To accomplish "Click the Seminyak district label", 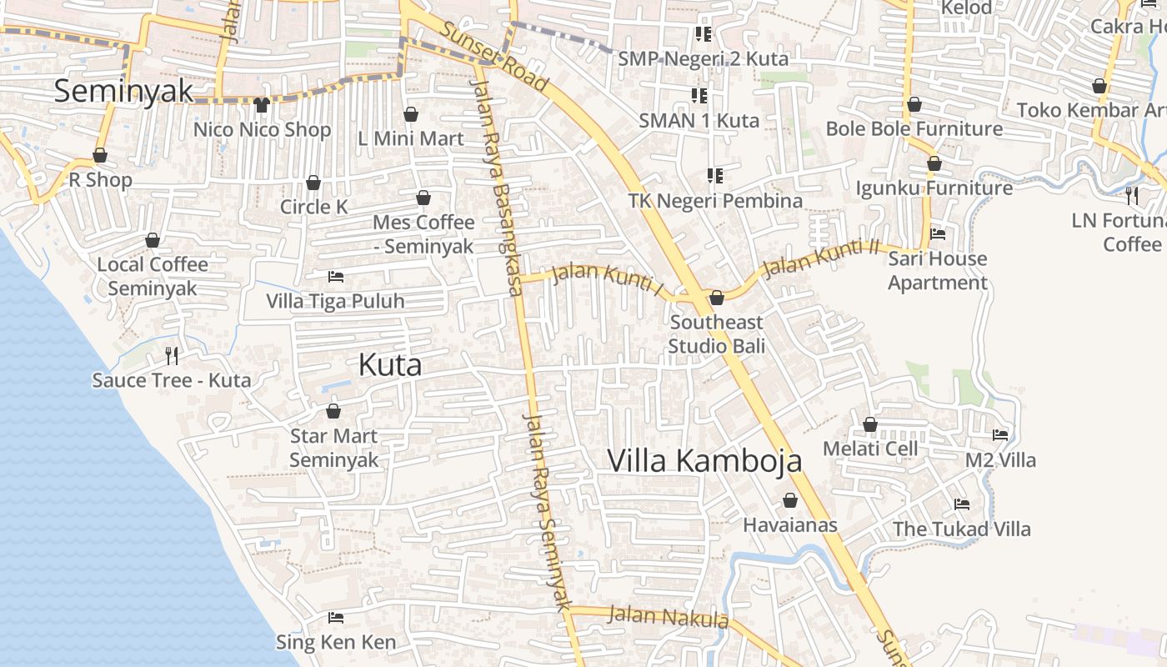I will pos(123,91).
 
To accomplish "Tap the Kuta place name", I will pos(389,364).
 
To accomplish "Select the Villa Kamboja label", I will pos(704,460).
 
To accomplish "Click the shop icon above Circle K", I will pos(313,183).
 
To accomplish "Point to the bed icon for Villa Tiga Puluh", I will pos(335,276).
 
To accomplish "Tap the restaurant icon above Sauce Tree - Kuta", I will pos(172,356).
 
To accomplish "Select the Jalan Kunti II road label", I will pos(821,257).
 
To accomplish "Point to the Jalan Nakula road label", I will pos(668,618).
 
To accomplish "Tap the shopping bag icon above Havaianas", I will pos(789,501).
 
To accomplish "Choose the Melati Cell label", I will pos(869,449).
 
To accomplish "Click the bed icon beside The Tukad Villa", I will pos(961,504).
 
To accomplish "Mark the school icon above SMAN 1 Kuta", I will pos(699,96).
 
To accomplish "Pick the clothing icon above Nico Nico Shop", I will pos(262,105).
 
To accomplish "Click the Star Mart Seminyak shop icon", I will pos(333,411).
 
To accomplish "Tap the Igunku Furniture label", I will pos(934,188).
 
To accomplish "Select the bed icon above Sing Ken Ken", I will pos(335,618).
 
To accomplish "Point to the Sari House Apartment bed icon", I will pos(937,234).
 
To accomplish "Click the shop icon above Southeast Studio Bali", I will pos(716,298).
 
